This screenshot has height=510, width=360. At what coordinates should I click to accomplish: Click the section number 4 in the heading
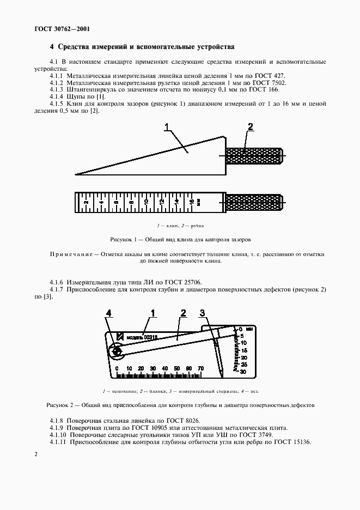(x=52, y=47)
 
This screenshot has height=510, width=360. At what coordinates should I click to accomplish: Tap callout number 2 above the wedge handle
(x=251, y=127)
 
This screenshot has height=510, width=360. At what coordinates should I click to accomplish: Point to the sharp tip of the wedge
(x=77, y=174)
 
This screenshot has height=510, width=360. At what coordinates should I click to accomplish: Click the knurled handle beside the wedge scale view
(x=254, y=202)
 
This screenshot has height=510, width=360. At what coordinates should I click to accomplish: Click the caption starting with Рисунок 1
(x=180, y=239)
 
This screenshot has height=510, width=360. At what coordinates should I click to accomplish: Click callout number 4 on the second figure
(x=109, y=313)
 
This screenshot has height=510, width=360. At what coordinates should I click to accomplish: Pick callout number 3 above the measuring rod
(x=202, y=313)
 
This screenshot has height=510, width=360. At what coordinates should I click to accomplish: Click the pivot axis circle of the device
(x=117, y=353)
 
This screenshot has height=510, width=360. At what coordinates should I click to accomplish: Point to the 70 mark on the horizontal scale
(x=200, y=369)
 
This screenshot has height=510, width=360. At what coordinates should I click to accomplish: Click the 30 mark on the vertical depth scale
(x=243, y=371)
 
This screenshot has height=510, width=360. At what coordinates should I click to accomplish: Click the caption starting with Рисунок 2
(x=180, y=405)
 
